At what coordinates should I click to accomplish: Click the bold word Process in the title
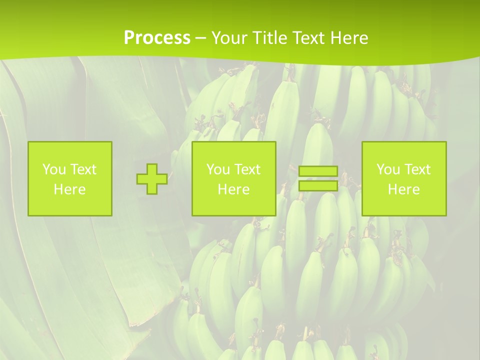point(157,38)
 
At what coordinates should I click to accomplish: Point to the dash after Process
point(201,38)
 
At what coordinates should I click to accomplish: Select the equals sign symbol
point(318,178)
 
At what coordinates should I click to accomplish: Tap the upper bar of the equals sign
point(318,171)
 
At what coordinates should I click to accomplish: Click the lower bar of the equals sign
point(318,186)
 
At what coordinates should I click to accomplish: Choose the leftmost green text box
point(70,178)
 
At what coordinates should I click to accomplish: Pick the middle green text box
point(233,178)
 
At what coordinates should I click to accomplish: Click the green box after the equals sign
point(404,178)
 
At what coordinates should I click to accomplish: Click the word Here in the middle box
point(233,189)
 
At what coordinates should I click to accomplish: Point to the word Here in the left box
point(70,189)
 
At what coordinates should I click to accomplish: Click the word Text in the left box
point(83,169)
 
